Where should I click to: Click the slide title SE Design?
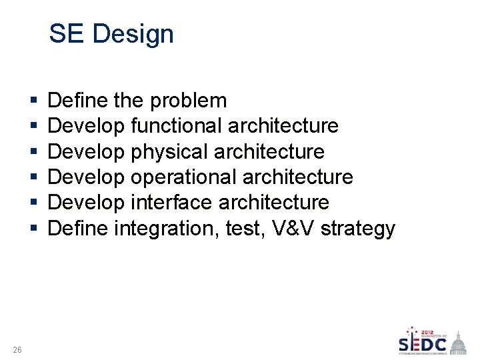pyautogui.click(x=111, y=34)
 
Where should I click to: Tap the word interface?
pyautogui.click(x=171, y=203)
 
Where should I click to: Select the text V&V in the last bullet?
pyautogui.click(x=291, y=229)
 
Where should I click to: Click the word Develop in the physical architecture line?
pyautogui.click(x=86, y=152)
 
